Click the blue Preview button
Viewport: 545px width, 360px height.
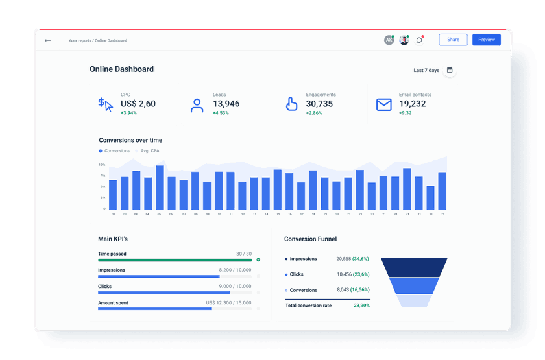486,40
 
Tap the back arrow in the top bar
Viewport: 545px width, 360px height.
47,40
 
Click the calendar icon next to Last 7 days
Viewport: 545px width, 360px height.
450,70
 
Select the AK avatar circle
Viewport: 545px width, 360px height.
389,40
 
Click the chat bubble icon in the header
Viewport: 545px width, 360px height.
419,40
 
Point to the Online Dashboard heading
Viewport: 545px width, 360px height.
121,69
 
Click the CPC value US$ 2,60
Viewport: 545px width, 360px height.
138,104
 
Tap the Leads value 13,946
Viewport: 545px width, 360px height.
226,104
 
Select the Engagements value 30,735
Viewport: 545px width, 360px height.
319,104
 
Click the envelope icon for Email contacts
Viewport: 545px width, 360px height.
384,104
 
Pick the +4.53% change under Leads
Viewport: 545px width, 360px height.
222,113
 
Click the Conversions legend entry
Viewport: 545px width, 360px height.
114,151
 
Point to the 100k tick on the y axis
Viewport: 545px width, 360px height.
103,165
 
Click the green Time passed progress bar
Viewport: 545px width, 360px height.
175,260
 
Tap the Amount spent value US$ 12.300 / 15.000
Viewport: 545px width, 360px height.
228,303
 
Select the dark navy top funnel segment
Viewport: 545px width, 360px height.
414,266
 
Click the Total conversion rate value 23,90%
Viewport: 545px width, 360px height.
361,306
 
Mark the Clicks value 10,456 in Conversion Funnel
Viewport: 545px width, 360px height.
344,274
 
